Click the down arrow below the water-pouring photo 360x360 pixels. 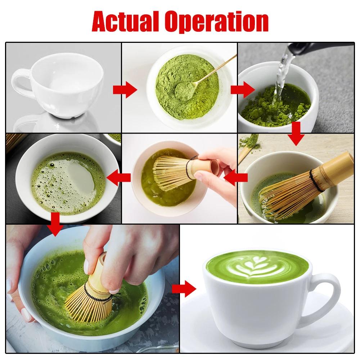point(296,134)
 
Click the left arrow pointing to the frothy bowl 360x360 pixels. point(119,176)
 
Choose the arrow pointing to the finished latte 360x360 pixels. point(184,288)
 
